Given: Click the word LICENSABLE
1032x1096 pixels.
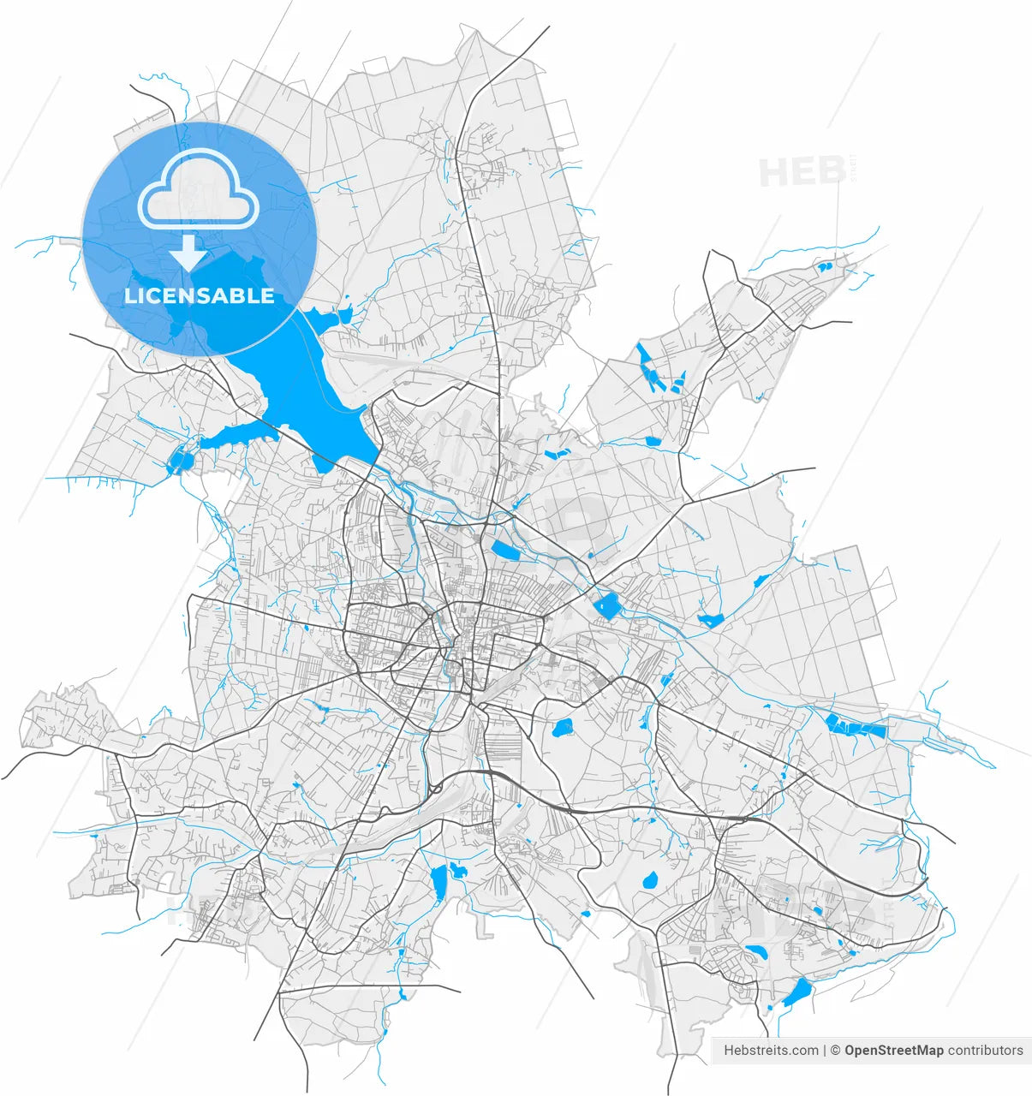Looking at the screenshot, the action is pyautogui.click(x=200, y=296).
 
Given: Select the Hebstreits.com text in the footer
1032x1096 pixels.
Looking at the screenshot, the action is pyautogui.click(x=771, y=1051).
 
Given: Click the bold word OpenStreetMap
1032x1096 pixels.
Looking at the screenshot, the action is pyautogui.click(x=894, y=1051).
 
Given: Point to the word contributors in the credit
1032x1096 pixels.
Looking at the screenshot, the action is pyautogui.click(x=986, y=1051).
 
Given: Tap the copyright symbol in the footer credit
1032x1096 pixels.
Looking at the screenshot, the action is pyautogui.click(x=837, y=1051).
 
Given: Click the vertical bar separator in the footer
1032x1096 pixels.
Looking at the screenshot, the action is pyautogui.click(x=826, y=1051).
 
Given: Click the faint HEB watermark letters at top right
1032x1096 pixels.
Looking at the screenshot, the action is pyautogui.click(x=802, y=172).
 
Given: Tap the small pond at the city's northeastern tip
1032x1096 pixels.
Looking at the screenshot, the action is pyautogui.click(x=825, y=266).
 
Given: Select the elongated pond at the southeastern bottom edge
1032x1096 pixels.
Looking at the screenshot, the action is pyautogui.click(x=797, y=992).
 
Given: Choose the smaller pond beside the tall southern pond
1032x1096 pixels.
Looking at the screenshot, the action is pyautogui.click(x=457, y=871).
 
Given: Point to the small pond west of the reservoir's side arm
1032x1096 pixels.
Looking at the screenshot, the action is pyautogui.click(x=179, y=461).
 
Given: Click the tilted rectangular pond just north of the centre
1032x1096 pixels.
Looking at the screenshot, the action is pyautogui.click(x=504, y=551).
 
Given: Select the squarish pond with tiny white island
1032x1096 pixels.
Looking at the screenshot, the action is pyautogui.click(x=608, y=605).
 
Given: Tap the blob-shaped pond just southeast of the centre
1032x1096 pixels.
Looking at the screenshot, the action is pyautogui.click(x=563, y=729).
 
